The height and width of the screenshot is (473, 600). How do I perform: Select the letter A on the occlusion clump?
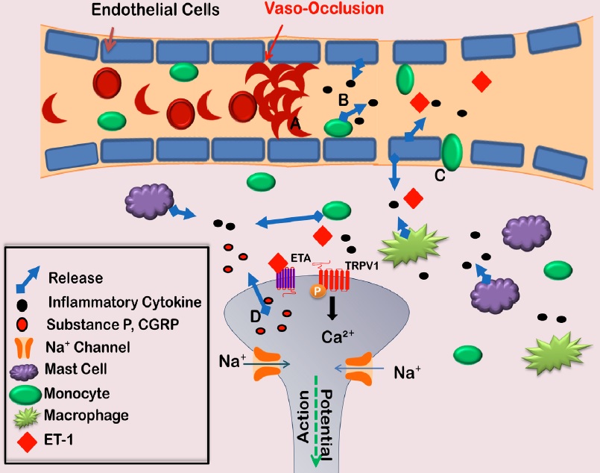tap(295, 126)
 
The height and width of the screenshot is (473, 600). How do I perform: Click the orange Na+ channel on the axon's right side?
tap(360, 367)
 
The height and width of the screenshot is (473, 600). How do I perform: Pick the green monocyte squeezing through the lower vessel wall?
tap(451, 152)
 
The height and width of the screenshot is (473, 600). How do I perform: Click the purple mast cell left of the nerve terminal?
tap(147, 202)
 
